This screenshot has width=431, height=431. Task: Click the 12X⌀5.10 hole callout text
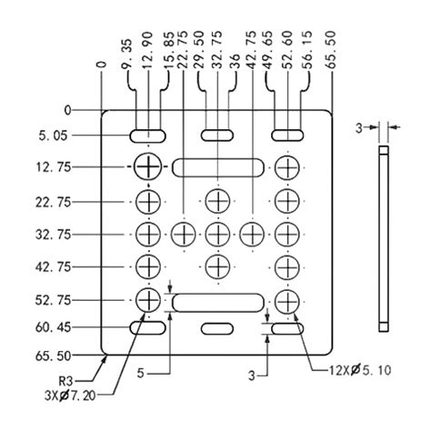point(360,370)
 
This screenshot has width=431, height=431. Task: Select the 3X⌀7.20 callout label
point(70,396)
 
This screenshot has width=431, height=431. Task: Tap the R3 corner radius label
point(66,380)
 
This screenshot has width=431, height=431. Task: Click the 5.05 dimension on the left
point(53,135)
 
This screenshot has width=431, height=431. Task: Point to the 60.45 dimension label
point(53,327)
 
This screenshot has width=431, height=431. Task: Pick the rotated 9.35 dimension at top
point(128,54)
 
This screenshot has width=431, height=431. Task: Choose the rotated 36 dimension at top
point(235,61)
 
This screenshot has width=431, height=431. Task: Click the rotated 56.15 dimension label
point(307,50)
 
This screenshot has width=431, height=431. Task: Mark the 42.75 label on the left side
point(53,267)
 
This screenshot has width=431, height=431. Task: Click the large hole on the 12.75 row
point(148,166)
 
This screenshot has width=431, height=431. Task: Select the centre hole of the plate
point(217,235)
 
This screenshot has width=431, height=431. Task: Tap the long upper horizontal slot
point(218,167)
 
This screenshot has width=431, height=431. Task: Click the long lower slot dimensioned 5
point(218,303)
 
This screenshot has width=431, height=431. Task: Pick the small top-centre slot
point(217,135)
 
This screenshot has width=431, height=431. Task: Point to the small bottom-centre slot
point(217,328)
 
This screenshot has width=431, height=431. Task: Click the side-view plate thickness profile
point(384,239)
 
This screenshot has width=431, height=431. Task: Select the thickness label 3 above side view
point(359,128)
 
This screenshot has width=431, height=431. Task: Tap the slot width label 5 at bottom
point(140,373)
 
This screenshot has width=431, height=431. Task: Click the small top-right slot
point(287,135)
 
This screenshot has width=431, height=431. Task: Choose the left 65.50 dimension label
point(53,356)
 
